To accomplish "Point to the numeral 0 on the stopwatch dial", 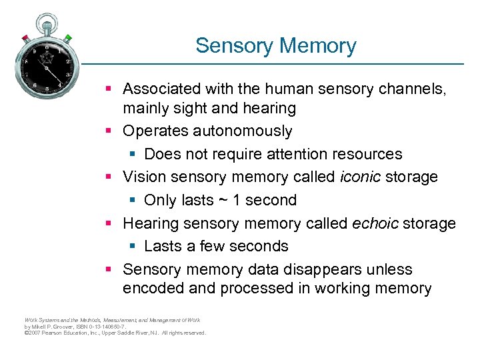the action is coord(47,47).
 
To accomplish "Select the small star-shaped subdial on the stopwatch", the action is coord(47,59).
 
